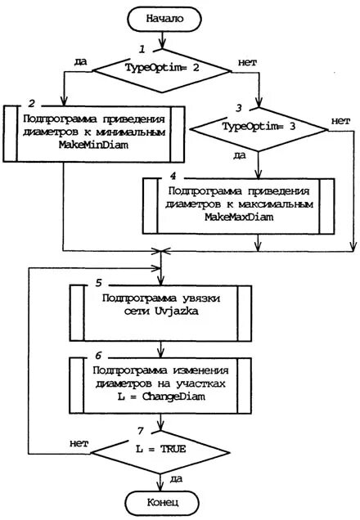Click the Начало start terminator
point(164,17)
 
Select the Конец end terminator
point(164,500)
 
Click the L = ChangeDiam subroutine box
point(164,382)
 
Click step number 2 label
point(31,105)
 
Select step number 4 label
point(173,174)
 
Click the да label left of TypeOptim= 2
point(79,60)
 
